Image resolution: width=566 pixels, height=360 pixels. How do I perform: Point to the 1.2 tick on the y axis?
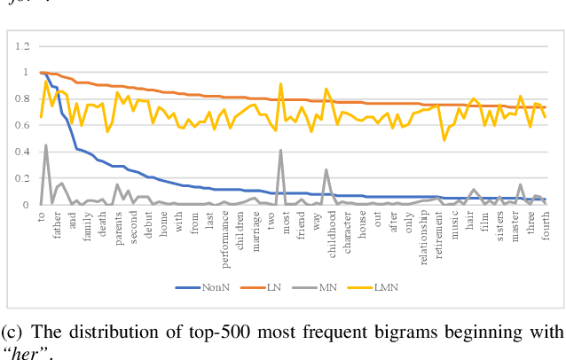point(22,46)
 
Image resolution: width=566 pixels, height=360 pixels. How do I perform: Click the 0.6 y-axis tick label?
point(22,125)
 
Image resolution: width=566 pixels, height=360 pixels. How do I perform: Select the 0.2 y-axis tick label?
point(22,178)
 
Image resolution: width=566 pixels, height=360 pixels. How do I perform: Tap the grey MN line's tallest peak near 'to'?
point(46,145)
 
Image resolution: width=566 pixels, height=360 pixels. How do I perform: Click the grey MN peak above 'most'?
point(281,150)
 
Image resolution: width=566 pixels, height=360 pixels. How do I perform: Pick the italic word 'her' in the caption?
point(21,352)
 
